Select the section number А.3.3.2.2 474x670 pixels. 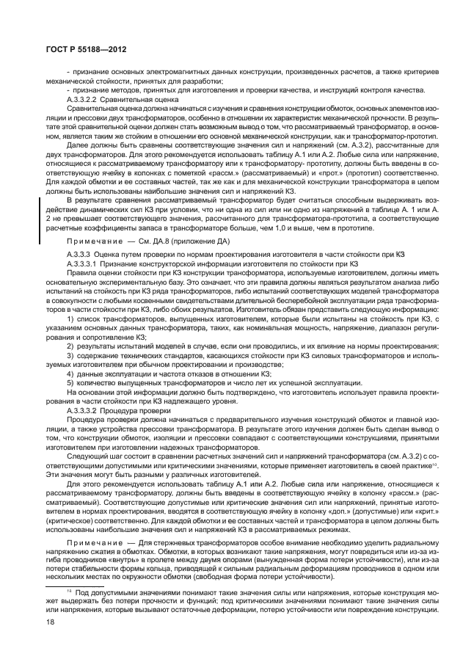(x=83, y=98)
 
